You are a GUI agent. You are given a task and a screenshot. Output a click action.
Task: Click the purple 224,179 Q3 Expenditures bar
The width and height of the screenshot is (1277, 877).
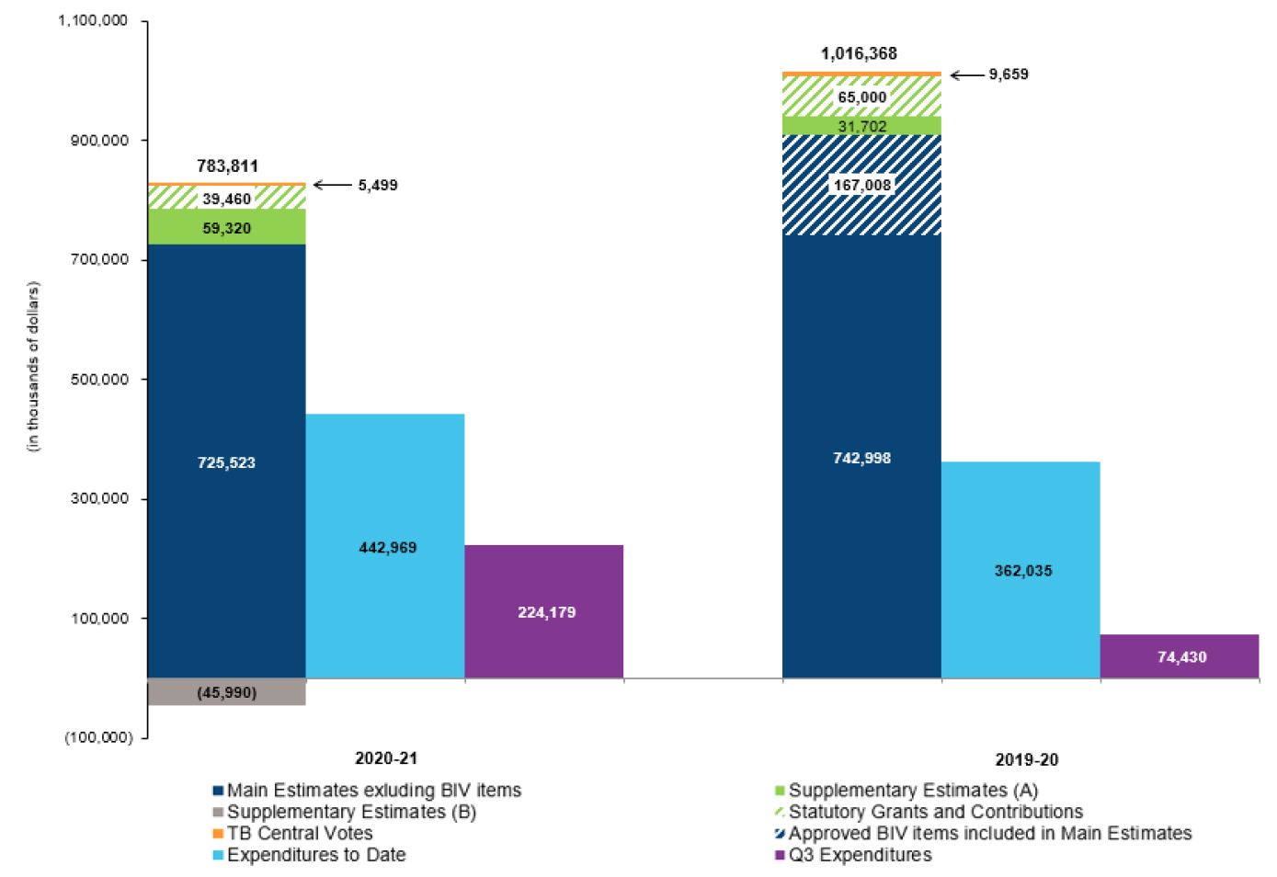pos(543,611)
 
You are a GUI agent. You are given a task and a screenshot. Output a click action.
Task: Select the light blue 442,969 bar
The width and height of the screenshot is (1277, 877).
pos(385,546)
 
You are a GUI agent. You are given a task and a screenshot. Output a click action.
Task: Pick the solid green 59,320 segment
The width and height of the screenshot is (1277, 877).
pos(226,227)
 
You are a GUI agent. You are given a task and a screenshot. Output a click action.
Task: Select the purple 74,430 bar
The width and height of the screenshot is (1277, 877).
pos(1180,656)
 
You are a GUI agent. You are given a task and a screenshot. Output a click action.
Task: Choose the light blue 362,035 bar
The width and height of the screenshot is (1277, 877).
pos(1020,570)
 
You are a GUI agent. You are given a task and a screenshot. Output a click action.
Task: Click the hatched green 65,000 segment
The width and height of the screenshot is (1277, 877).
pos(861,97)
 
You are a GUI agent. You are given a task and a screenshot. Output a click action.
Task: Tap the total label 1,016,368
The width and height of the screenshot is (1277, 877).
pos(859,53)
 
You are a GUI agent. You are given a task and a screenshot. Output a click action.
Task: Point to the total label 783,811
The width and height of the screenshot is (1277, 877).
pos(227,166)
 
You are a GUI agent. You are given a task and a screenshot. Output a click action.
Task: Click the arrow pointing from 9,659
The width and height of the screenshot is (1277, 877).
pos(966,75)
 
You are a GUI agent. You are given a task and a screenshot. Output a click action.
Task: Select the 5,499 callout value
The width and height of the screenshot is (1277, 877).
pos(378,186)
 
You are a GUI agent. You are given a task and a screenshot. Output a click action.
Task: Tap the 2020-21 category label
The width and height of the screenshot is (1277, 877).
pos(386,758)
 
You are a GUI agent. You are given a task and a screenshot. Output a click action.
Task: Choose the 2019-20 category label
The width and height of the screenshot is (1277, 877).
pos(1027,760)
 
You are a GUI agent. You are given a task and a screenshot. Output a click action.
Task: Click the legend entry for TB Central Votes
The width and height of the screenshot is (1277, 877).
pos(299,834)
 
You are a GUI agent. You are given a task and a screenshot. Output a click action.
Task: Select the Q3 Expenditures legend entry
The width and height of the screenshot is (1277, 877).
pos(860,855)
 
